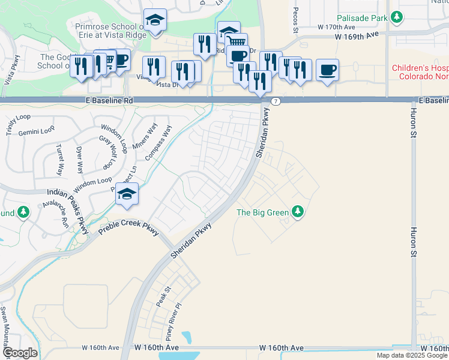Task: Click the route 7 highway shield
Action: (x=274, y=100)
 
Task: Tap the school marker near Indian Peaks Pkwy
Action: (x=127, y=194)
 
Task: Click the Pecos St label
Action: (x=295, y=20)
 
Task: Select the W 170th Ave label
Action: (x=337, y=27)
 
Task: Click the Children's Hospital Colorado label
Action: (x=420, y=72)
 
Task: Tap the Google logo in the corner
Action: (x=20, y=353)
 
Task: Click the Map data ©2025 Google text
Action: (x=412, y=355)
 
